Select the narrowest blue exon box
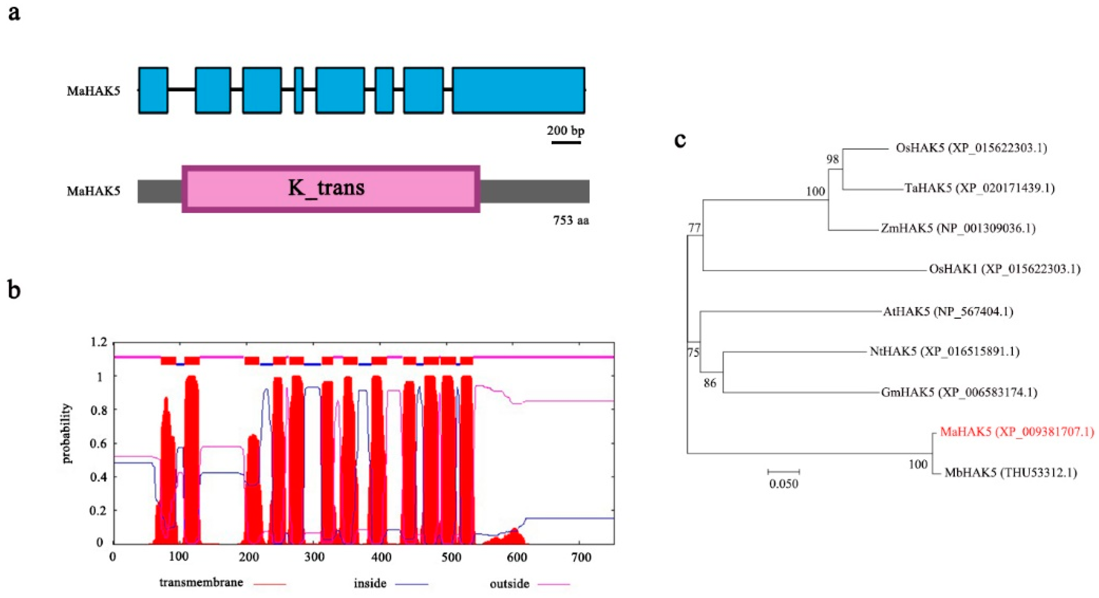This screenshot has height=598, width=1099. [x=299, y=90]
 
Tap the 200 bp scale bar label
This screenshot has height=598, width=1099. [x=566, y=130]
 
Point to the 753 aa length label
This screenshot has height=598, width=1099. [x=571, y=220]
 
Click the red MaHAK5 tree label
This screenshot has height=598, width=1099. [x=1017, y=432]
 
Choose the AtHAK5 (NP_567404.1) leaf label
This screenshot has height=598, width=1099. [x=948, y=311]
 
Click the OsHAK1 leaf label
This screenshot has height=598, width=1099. [x=1005, y=269]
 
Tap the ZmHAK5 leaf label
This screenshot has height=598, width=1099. [x=958, y=228]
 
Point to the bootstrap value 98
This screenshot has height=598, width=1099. [x=832, y=159]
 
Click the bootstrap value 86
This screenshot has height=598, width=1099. [x=710, y=383]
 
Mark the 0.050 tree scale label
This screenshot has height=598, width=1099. [x=784, y=484]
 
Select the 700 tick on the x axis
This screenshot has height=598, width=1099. [x=581, y=558]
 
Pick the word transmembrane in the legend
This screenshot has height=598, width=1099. [x=201, y=582]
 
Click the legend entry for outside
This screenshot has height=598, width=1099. [x=509, y=583]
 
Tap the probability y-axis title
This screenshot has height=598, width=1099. [x=67, y=433]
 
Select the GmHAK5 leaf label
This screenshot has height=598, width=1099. [x=959, y=392]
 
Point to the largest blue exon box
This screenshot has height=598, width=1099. [x=518, y=90]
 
